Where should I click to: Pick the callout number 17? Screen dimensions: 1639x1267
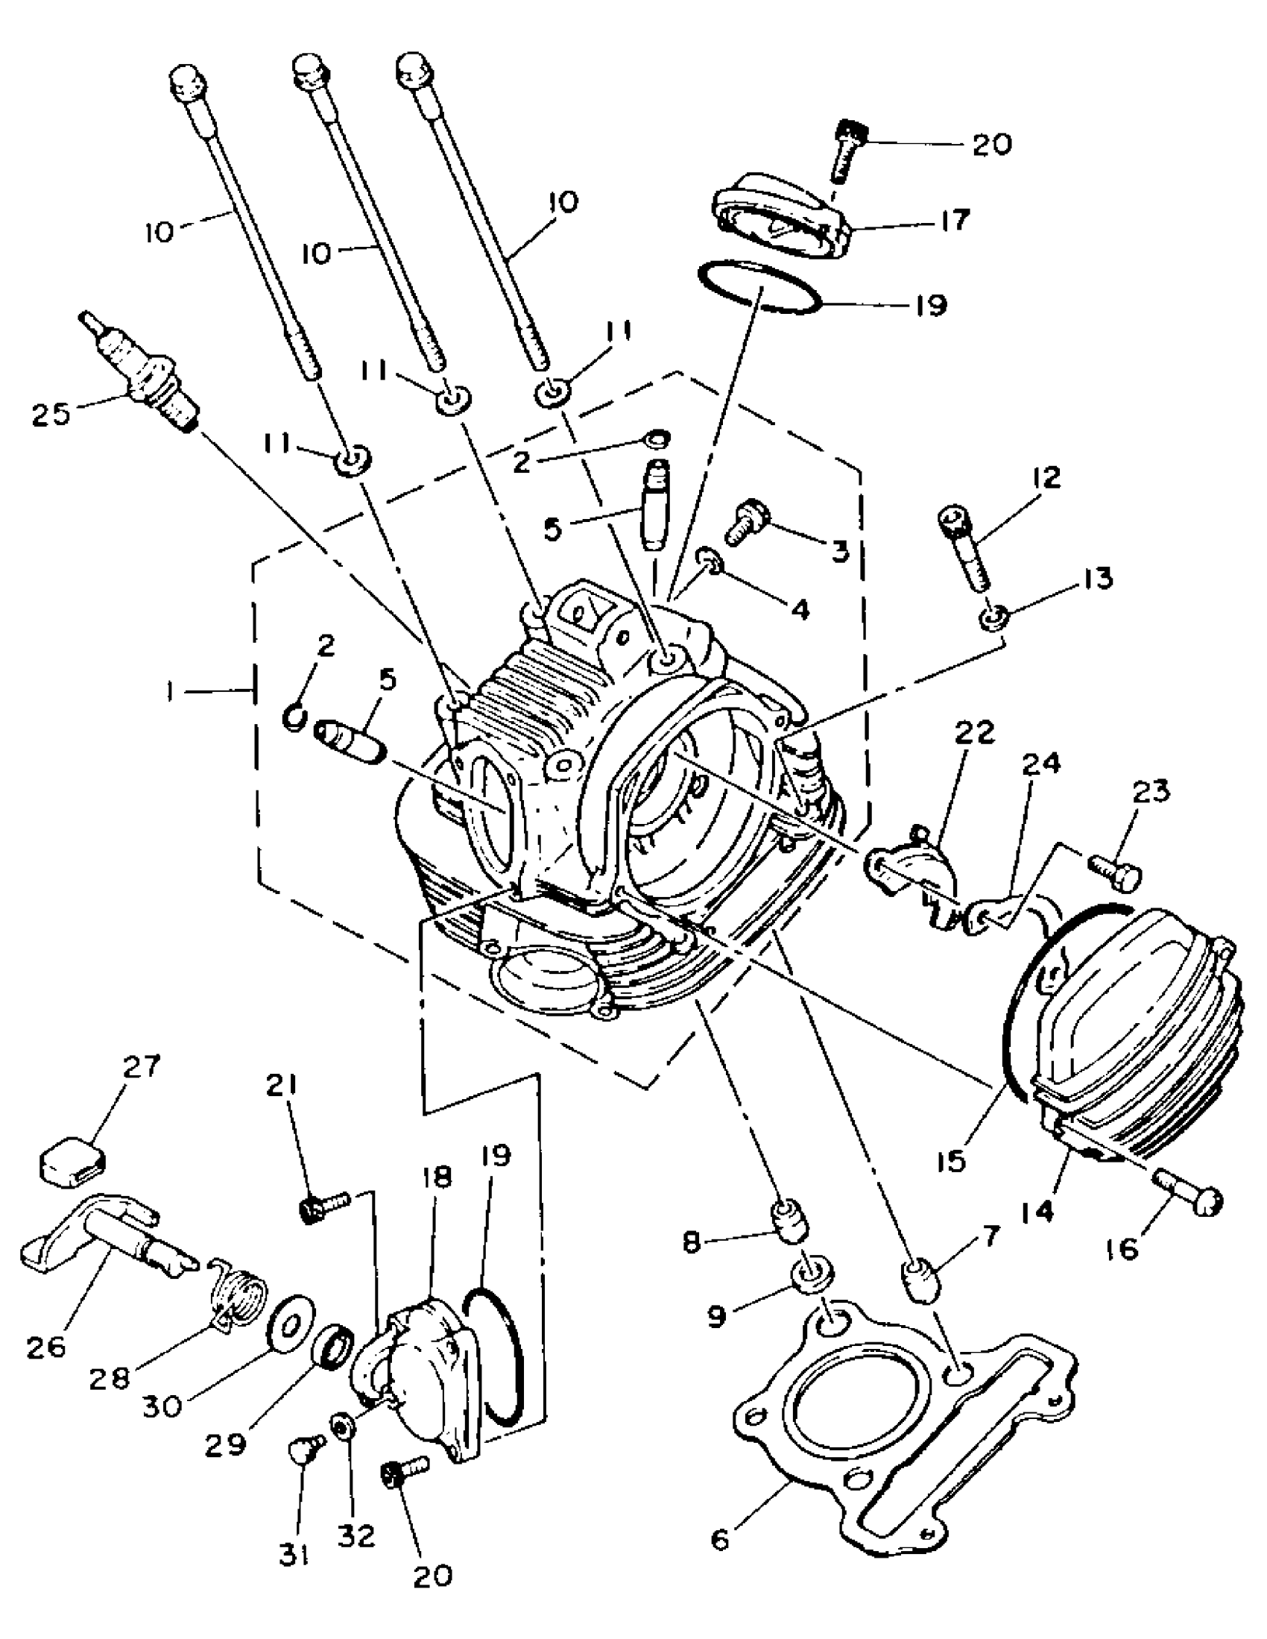click(x=954, y=221)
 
